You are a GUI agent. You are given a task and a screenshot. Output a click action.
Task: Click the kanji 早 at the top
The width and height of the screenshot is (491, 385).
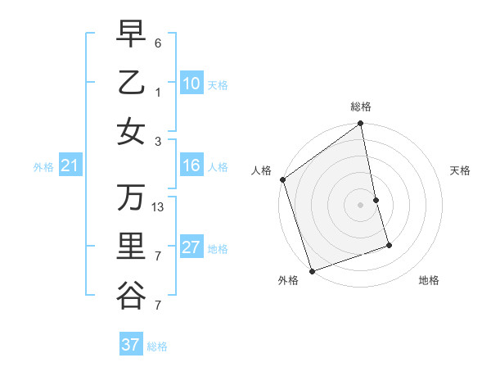point(130,34)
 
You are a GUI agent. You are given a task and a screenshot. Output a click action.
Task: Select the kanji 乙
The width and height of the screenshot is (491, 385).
point(130,83)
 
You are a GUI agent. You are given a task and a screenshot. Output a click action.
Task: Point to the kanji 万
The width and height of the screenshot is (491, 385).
point(130,197)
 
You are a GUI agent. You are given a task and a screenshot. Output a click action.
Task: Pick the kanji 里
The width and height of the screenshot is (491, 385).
point(130,247)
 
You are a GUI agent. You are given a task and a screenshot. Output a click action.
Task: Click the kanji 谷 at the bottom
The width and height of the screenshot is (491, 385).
point(130,296)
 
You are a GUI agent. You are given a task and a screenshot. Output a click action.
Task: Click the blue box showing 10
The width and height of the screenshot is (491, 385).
point(191,84)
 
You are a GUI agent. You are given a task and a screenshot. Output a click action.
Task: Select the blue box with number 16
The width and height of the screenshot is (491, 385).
point(191,166)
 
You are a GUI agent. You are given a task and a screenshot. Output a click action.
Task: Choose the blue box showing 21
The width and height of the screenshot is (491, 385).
point(70,166)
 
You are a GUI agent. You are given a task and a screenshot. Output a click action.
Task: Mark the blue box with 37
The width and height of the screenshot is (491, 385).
point(130,345)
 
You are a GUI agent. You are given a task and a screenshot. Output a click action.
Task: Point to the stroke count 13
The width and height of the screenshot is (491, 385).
point(159,207)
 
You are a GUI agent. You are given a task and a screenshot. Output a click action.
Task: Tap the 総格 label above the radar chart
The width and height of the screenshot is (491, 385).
point(361,107)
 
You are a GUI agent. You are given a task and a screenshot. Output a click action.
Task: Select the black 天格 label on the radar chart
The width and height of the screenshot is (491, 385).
point(461,170)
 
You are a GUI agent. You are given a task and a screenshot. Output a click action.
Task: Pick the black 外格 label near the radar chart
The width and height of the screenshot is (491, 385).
point(288,281)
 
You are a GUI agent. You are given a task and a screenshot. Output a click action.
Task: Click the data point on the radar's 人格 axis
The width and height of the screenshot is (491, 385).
point(282,179)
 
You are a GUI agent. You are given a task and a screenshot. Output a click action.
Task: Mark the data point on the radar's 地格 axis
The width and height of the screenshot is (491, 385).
point(389,245)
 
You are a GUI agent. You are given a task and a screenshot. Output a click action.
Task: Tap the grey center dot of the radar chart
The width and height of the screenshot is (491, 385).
point(361,205)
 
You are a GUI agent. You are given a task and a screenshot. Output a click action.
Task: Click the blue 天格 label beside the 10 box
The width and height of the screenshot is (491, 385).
point(218,85)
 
